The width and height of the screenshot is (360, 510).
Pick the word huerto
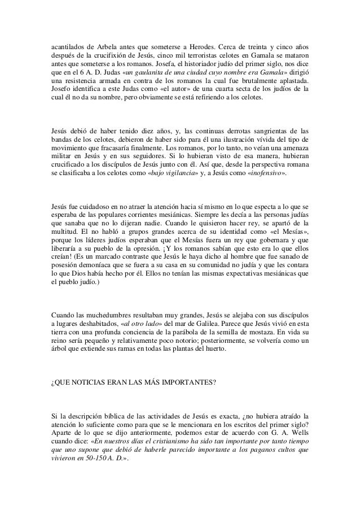[x=212, y=348]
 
